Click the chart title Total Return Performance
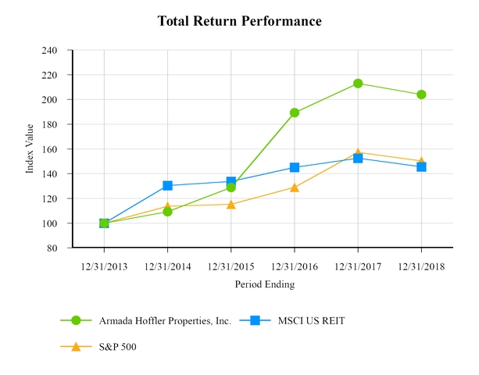click(x=239, y=21)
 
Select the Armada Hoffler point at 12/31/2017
click(x=358, y=83)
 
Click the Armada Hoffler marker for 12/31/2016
click(x=295, y=112)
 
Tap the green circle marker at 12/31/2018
click(x=421, y=95)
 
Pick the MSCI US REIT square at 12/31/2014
click(x=167, y=185)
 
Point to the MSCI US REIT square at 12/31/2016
click(x=295, y=167)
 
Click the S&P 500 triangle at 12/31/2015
click(x=231, y=204)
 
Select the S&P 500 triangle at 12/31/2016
click(x=295, y=187)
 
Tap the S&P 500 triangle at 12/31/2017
click(x=358, y=152)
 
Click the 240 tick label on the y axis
click(x=49, y=50)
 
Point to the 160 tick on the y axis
click(x=49, y=149)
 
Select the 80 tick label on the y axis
click(x=52, y=248)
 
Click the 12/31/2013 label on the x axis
click(x=104, y=266)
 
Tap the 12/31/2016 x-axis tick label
click(x=295, y=266)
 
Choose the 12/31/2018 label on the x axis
click(x=421, y=266)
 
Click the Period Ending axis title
click(x=265, y=285)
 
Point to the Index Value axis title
click(x=30, y=148)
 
